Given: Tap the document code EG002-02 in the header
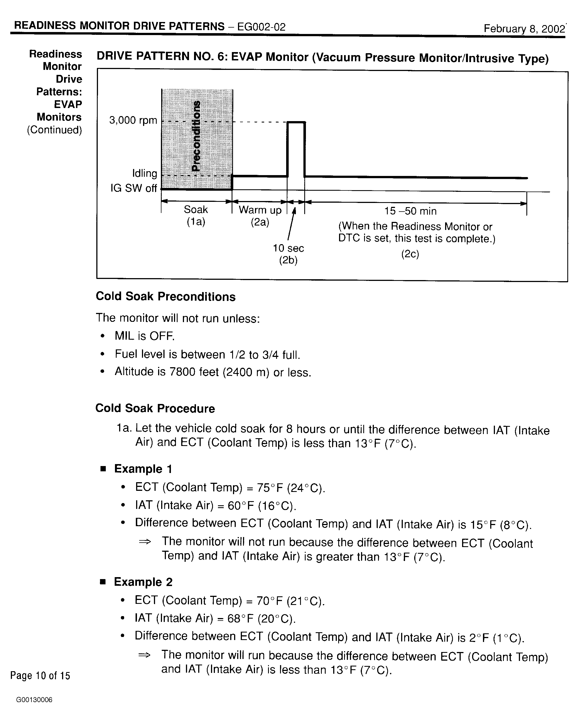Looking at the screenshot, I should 261,27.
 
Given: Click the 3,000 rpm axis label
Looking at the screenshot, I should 133,120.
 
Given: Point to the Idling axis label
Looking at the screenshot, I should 144,173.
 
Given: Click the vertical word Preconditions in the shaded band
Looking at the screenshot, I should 197,136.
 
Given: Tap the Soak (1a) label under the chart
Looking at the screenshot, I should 196,215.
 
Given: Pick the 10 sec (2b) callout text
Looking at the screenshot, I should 288,254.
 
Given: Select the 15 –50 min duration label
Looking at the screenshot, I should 410,211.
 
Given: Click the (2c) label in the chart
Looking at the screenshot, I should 410,254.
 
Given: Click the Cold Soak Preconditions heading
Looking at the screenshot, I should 166,296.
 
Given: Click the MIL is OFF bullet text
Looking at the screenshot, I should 144,336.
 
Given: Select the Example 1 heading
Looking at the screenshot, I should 143,469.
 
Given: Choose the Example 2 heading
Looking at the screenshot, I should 143,582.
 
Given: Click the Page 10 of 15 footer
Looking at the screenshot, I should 40,675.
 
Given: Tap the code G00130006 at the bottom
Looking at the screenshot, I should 34,700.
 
